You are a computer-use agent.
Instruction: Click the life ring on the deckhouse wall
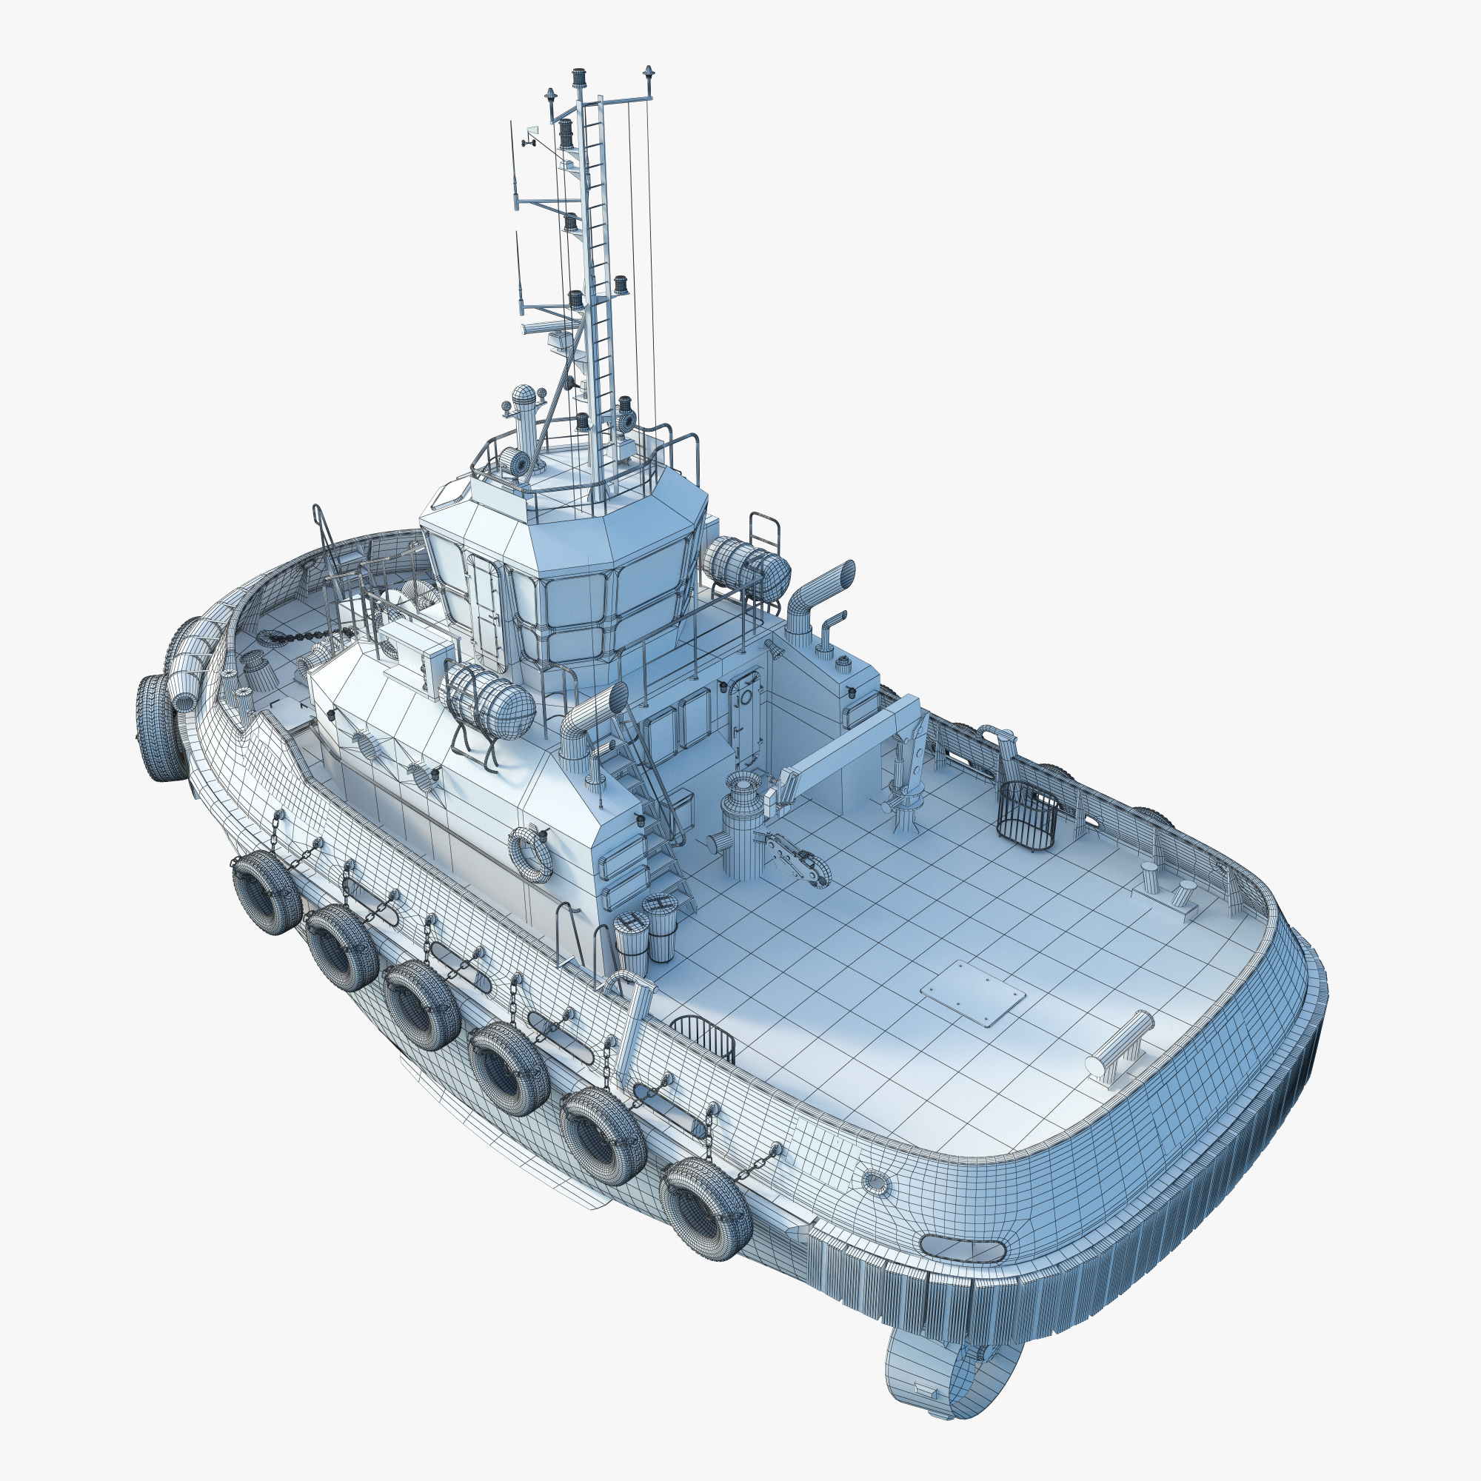pos(530,853)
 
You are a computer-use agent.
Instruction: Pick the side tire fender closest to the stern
pos(703,1207)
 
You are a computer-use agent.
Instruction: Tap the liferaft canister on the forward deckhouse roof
pos(491,701)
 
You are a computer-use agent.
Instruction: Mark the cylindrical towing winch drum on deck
pos(742,828)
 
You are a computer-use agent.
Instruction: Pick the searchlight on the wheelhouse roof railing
pos(515,462)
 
